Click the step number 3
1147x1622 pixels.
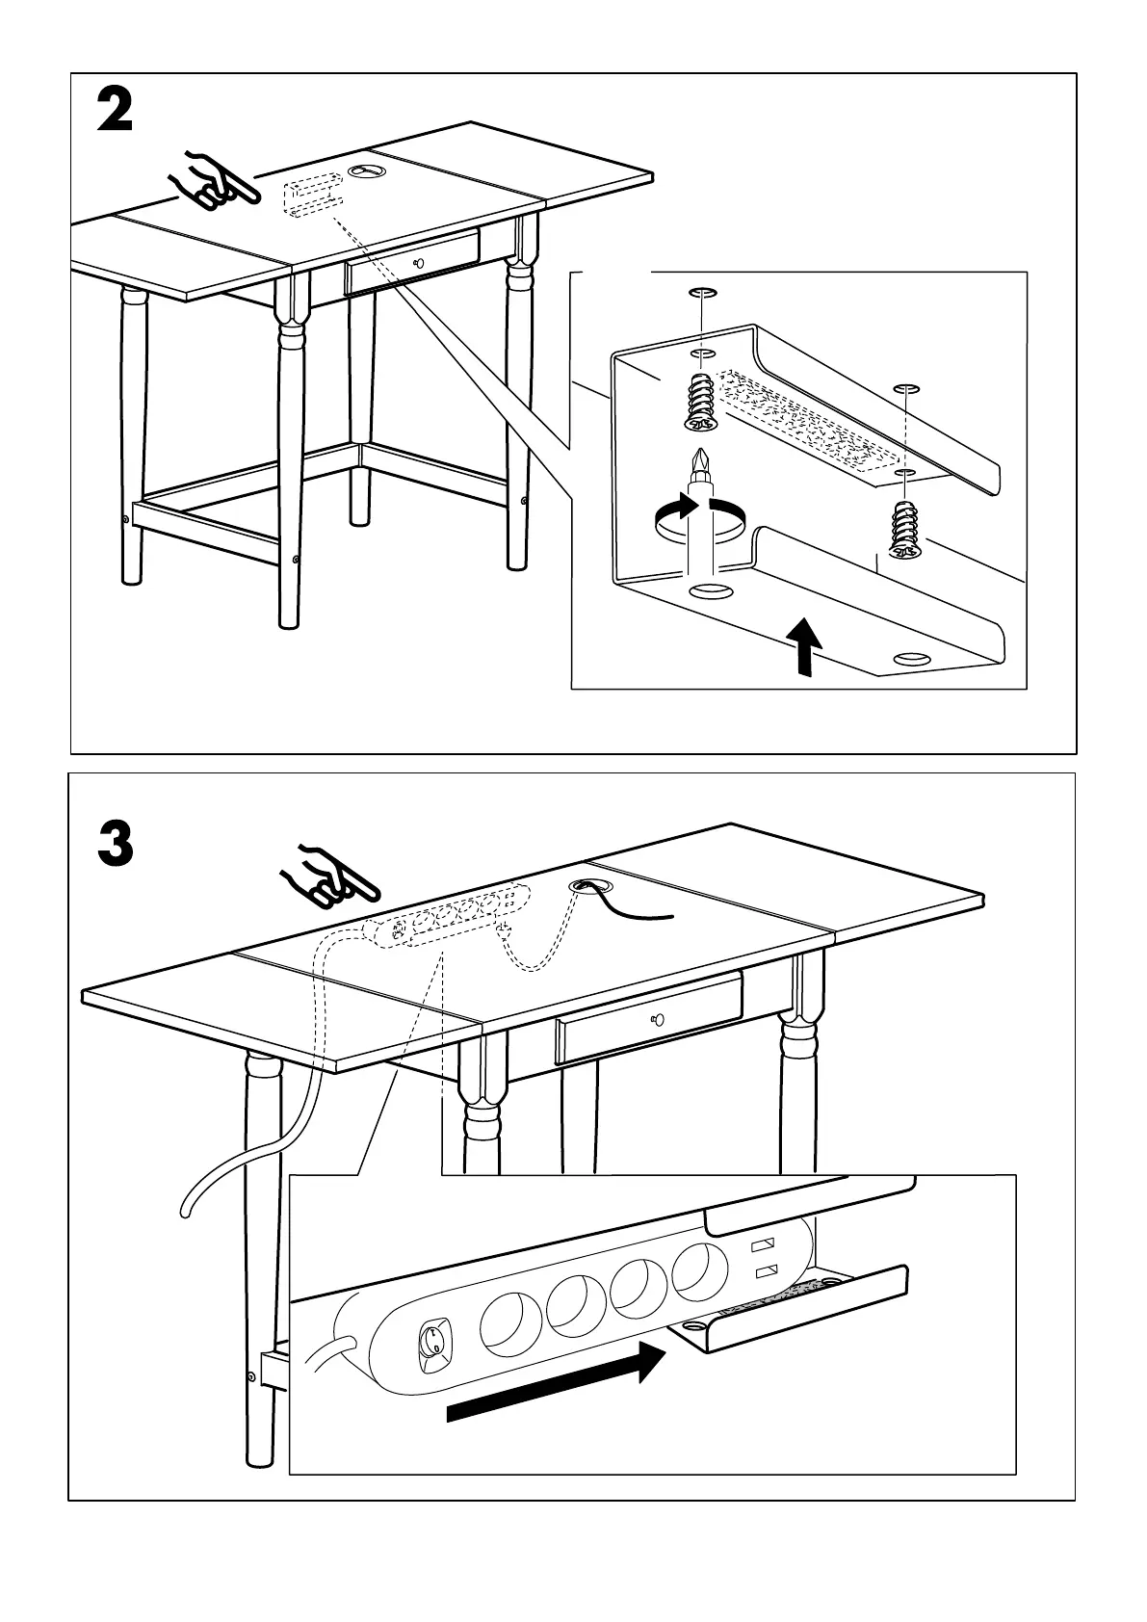tap(116, 845)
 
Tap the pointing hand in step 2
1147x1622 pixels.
tap(212, 180)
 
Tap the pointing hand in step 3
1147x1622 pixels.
tap(328, 877)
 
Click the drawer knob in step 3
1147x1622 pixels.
tap(656, 1019)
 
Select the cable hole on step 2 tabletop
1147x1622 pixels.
tap(366, 170)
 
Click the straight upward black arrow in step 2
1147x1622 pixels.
tap(805, 645)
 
